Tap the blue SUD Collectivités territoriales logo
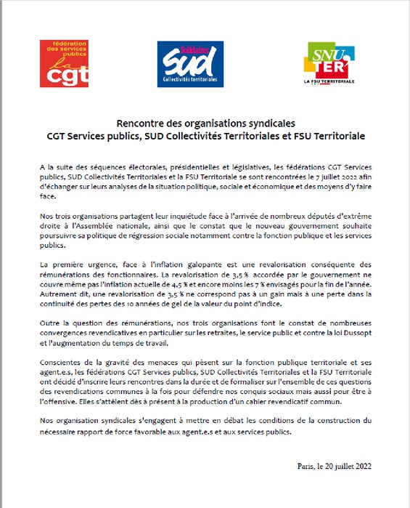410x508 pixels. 184,63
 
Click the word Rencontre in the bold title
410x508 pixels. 140,124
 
